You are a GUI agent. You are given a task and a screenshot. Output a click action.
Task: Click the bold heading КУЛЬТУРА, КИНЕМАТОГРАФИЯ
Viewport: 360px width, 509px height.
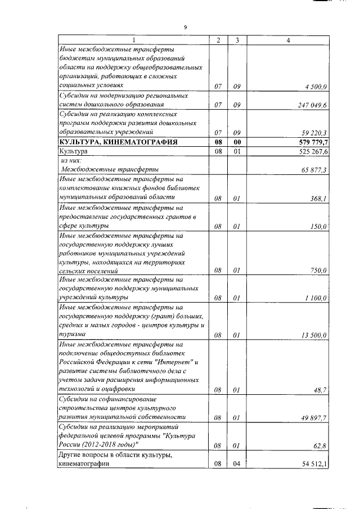(x=119, y=142)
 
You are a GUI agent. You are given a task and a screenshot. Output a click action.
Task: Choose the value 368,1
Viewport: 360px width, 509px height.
(x=319, y=198)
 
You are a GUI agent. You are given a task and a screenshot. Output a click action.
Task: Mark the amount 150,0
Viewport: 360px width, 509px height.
(x=319, y=227)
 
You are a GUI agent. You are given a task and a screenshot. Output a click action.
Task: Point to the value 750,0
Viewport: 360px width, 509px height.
(x=319, y=271)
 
